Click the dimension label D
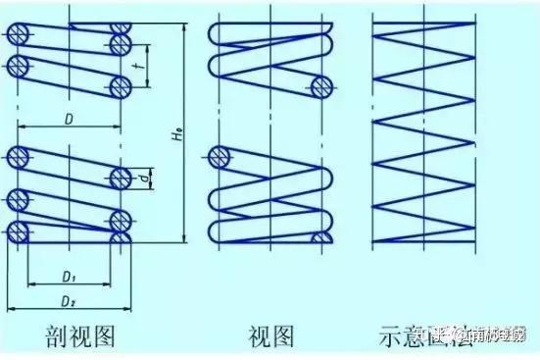pyautogui.click(x=69, y=119)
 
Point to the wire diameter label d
pyautogui.click(x=144, y=177)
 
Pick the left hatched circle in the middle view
pyautogui.click(x=221, y=157)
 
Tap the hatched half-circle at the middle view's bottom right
pyautogui.click(x=318, y=238)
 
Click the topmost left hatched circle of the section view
pyautogui.click(x=17, y=31)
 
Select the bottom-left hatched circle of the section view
pyautogui.click(x=17, y=231)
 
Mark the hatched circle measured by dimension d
pyautogui.click(x=122, y=177)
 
